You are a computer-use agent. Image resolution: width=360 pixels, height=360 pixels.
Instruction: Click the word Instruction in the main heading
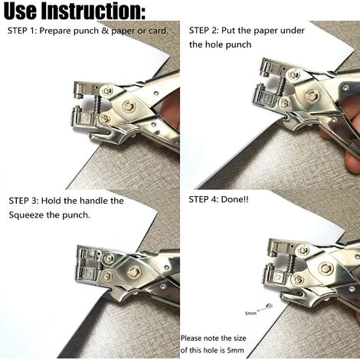[93, 11]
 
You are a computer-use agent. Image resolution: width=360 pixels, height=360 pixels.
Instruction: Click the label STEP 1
[21, 31]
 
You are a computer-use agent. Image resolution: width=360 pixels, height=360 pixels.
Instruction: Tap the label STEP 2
[203, 31]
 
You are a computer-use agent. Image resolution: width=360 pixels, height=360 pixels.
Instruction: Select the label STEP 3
[22, 201]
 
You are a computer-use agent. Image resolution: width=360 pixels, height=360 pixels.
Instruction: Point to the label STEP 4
[202, 199]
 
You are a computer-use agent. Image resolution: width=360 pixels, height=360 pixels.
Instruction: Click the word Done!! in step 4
[234, 199]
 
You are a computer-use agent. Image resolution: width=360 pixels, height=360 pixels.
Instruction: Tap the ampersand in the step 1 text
[105, 31]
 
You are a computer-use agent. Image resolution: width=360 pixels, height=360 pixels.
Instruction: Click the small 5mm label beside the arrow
[250, 313]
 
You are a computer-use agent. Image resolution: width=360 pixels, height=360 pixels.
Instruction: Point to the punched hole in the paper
[269, 306]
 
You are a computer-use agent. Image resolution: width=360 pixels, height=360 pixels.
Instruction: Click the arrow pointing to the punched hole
[262, 309]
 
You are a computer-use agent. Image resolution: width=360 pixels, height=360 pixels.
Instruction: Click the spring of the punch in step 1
[97, 104]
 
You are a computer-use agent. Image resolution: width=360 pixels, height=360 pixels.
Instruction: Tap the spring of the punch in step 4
[291, 263]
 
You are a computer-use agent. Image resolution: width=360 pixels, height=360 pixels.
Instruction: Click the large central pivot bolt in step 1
[128, 106]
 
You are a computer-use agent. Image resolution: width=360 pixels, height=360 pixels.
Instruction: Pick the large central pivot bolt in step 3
[133, 272]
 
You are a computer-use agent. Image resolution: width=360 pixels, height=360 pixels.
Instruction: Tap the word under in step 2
[293, 31]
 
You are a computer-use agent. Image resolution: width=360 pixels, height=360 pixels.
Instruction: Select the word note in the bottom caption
[211, 339]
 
